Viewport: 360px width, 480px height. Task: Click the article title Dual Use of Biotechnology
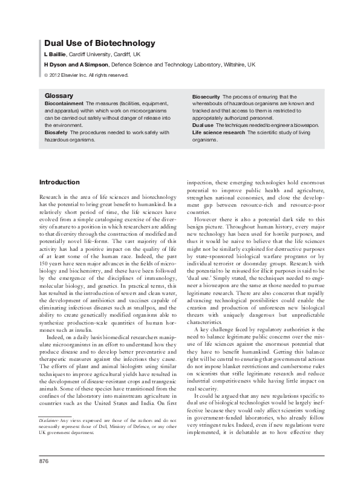pos(100,44)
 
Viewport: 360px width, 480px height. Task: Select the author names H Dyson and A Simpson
pos(76,63)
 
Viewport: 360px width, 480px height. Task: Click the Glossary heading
pos(59,96)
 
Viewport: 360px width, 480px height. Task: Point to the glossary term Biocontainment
pos(65,104)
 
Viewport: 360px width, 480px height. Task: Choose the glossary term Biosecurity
pos(206,97)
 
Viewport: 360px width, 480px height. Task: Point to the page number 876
pos(44,461)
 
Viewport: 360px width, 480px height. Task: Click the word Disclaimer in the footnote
pos(48,402)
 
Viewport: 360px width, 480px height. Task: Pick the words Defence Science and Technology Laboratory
pos(163,63)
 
